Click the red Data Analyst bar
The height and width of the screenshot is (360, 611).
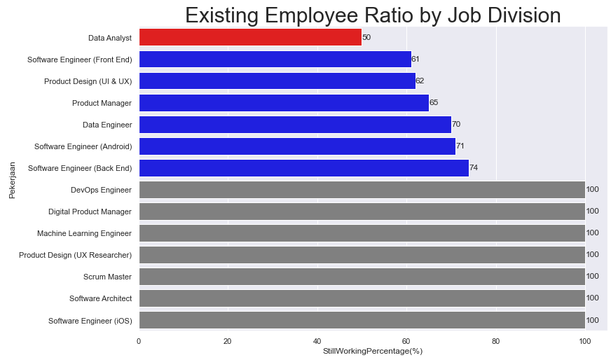pyautogui.click(x=250, y=37)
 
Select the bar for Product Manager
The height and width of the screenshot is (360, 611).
pyautogui.click(x=284, y=103)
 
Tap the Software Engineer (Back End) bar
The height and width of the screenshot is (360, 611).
pyautogui.click(x=303, y=168)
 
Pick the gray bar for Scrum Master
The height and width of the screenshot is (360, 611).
pyautogui.click(x=362, y=277)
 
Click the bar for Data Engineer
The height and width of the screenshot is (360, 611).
pyautogui.click(x=295, y=125)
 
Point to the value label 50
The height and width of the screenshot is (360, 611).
pyautogui.click(x=366, y=37)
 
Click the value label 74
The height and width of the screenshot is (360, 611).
pyautogui.click(x=474, y=168)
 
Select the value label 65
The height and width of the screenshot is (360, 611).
pyautogui.click(x=434, y=103)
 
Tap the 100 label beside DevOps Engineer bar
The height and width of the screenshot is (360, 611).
pyautogui.click(x=593, y=190)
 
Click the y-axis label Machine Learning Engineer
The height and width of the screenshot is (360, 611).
pyautogui.click(x=84, y=233)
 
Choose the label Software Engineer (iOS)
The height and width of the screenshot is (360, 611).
pyautogui.click(x=90, y=321)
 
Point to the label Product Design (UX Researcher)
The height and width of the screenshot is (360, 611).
pyautogui.click(x=75, y=255)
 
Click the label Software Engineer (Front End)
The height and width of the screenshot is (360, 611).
pyautogui.click(x=79, y=60)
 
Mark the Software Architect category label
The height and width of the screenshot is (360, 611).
pyautogui.click(x=100, y=298)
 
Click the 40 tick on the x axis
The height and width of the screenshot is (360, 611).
pyautogui.click(x=317, y=341)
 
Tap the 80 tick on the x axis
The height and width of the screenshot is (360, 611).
pyautogui.click(x=495, y=341)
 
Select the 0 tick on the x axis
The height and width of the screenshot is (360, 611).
pyautogui.click(x=139, y=341)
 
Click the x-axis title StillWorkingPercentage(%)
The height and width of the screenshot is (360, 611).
pyautogui.click(x=373, y=351)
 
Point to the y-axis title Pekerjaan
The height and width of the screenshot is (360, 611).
pyautogui.click(x=12, y=179)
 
